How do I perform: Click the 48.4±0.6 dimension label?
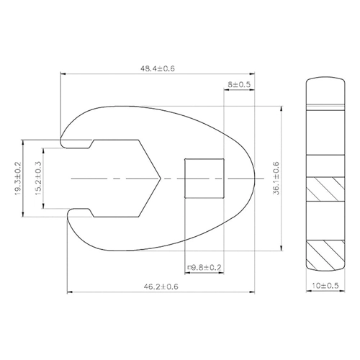158,68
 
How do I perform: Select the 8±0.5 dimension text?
239,84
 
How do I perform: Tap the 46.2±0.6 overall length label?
161,287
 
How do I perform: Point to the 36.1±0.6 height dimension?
276,179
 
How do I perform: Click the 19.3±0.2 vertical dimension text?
18,179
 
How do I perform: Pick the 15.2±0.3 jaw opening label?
38,178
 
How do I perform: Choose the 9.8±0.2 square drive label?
206,267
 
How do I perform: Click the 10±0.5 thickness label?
325,286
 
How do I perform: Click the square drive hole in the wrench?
204,179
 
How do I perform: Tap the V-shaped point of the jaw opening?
161,179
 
